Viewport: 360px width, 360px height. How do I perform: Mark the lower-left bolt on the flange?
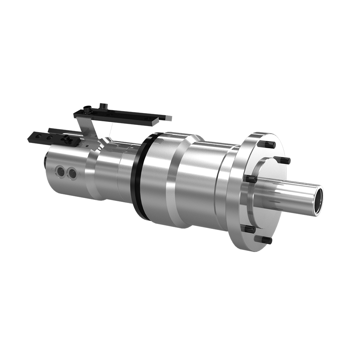tap(248, 229)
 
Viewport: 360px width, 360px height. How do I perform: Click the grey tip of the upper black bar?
tap(167, 118)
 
